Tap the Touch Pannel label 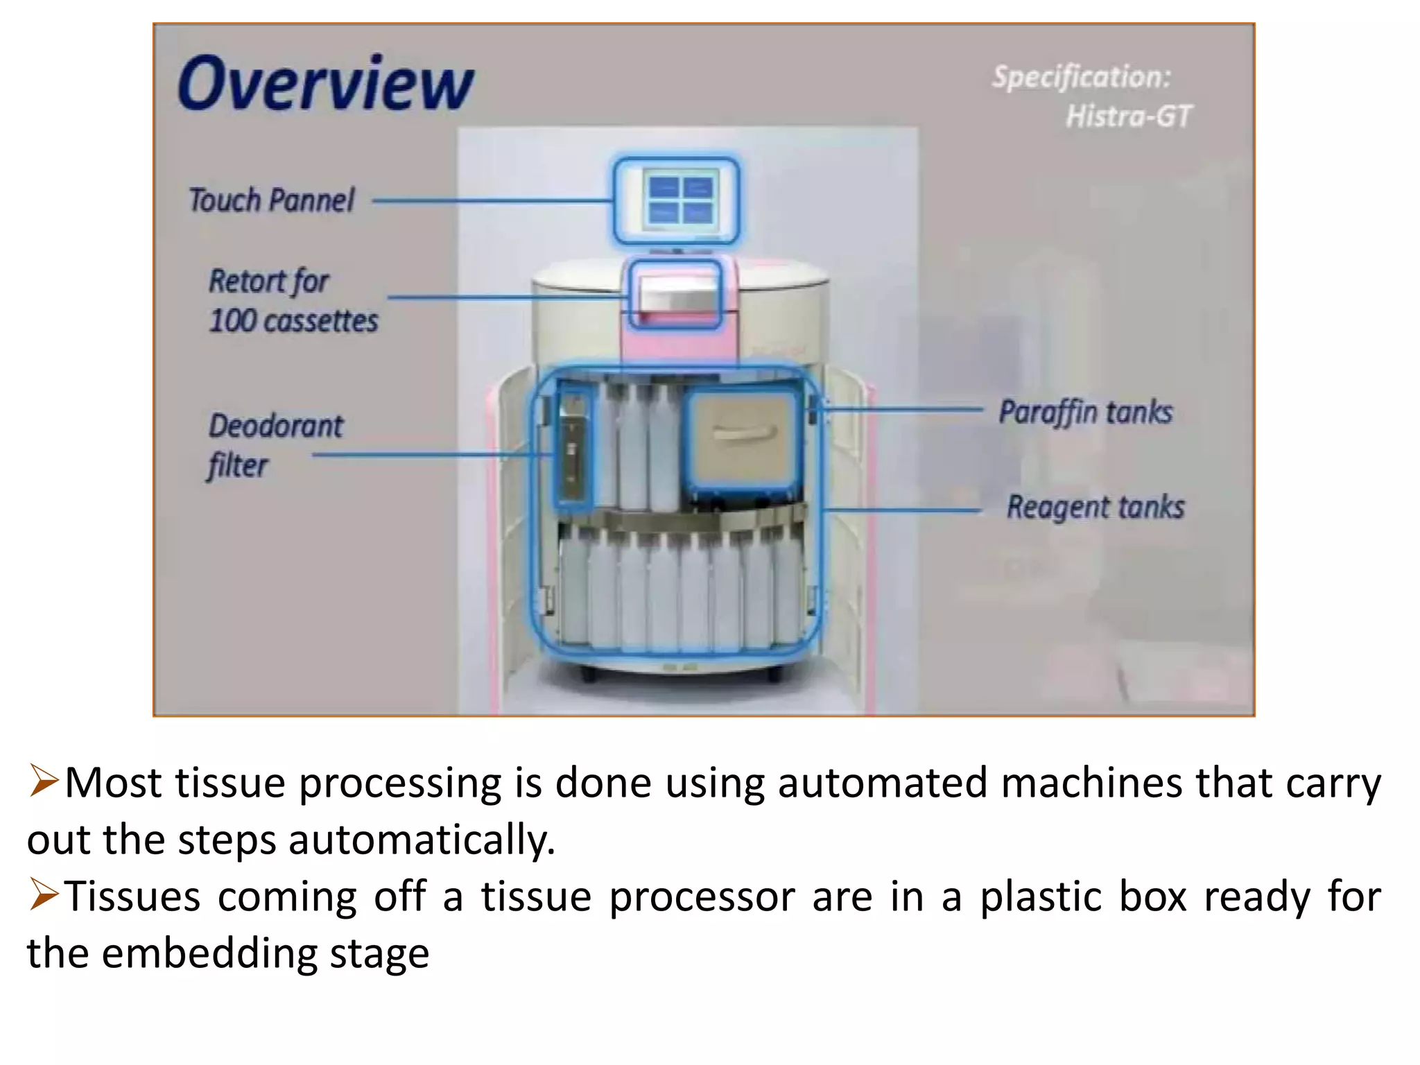tap(271, 200)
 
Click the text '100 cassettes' tap(293, 321)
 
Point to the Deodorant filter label tap(275, 444)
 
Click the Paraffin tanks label tap(1085, 413)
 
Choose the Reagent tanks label tap(1095, 507)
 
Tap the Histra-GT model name tap(1128, 116)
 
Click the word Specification tap(1080, 77)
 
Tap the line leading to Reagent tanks tap(901, 511)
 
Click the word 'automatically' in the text tap(421, 840)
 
